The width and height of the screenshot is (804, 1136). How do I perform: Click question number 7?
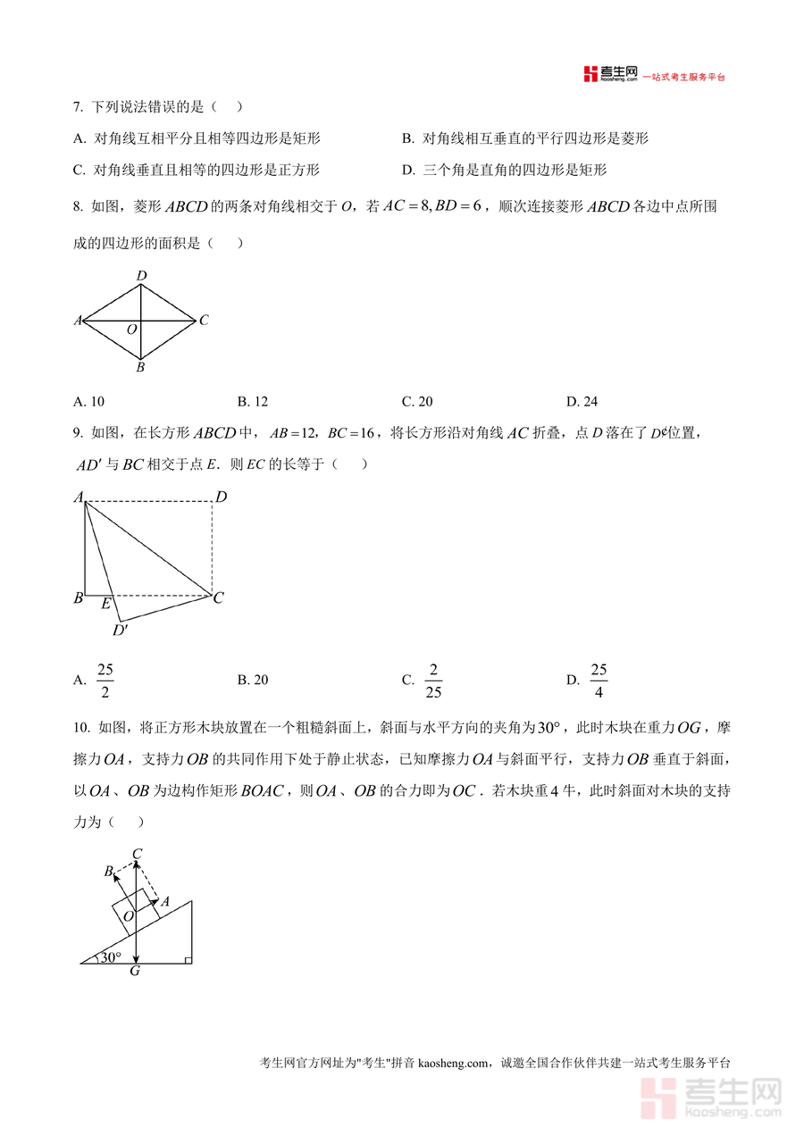click(x=78, y=106)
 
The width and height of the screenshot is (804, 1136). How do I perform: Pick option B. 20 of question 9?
click(x=253, y=680)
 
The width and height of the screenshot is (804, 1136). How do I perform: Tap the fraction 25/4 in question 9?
click(x=599, y=680)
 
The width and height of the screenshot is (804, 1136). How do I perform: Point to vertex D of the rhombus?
click(x=141, y=276)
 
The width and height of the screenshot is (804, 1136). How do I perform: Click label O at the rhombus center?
click(x=131, y=330)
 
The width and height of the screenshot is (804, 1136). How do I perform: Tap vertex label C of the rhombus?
click(x=204, y=320)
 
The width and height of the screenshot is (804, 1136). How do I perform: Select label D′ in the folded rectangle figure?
click(x=120, y=631)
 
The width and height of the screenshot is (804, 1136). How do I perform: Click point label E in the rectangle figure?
click(x=105, y=604)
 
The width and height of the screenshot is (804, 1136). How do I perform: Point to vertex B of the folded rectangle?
click(x=79, y=597)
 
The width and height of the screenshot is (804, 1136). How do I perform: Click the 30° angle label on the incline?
click(x=110, y=957)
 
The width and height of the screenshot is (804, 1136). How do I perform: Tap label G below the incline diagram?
click(x=135, y=971)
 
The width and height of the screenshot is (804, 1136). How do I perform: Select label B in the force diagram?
click(x=109, y=871)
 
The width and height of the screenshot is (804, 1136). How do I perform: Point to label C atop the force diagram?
click(x=137, y=855)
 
